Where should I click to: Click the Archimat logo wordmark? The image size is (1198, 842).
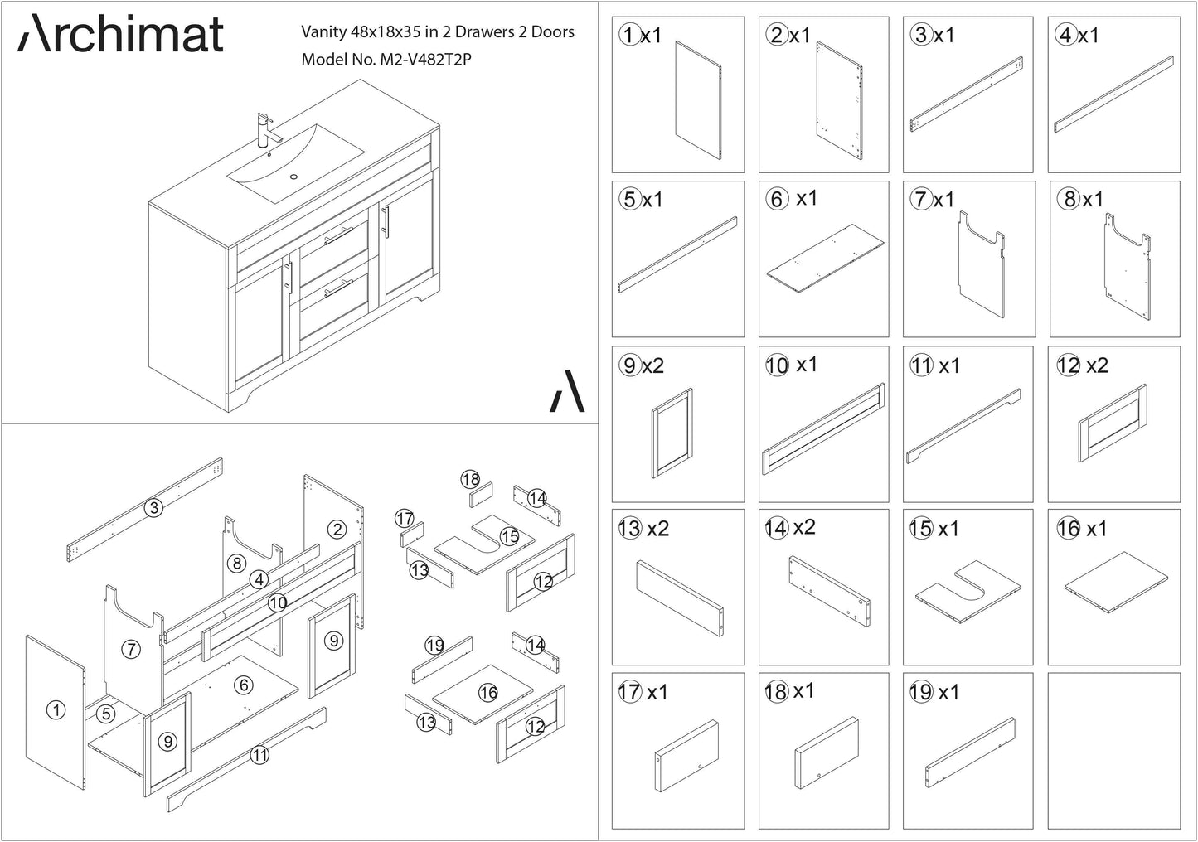coord(120,34)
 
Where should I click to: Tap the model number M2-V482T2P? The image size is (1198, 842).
coord(425,60)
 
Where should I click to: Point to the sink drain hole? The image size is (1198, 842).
coord(293,177)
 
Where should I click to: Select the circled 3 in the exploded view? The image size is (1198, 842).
coord(154,507)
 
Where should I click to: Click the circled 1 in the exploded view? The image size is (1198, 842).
coord(56,710)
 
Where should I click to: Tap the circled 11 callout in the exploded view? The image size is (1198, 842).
coord(260,755)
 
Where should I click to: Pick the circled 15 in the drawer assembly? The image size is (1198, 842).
coord(510,536)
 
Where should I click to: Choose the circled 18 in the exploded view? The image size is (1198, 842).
coord(470,479)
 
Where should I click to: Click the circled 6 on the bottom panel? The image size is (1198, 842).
coord(244,685)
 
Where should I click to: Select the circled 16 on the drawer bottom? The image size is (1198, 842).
coord(488,693)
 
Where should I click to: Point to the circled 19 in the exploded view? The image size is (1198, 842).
coord(434,646)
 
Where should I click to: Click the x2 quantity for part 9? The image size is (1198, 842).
coord(653,365)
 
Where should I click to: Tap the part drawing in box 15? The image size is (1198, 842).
coord(968,592)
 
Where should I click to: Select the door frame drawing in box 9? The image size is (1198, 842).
coord(672,433)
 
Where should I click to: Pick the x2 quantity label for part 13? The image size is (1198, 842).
coord(658,529)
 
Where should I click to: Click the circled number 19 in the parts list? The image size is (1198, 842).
coord(921,692)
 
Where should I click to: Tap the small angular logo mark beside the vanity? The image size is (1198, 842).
coord(567,391)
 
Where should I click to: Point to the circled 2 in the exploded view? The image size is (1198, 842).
coord(337,530)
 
